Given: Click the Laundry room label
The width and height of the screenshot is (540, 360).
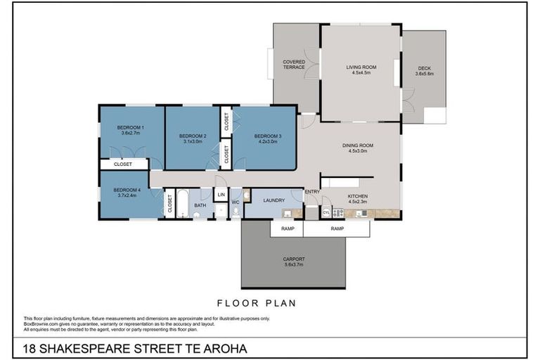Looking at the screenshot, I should (x=274, y=200).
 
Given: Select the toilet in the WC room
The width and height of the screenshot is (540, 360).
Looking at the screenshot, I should (x=236, y=210).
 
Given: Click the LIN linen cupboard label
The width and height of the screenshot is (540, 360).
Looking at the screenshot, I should (x=221, y=194).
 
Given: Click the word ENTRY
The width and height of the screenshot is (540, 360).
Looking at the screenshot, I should (x=311, y=191).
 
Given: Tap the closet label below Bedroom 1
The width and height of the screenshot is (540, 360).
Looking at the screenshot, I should (x=123, y=165).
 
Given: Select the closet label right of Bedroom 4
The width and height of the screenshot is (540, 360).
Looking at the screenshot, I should (x=169, y=204).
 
